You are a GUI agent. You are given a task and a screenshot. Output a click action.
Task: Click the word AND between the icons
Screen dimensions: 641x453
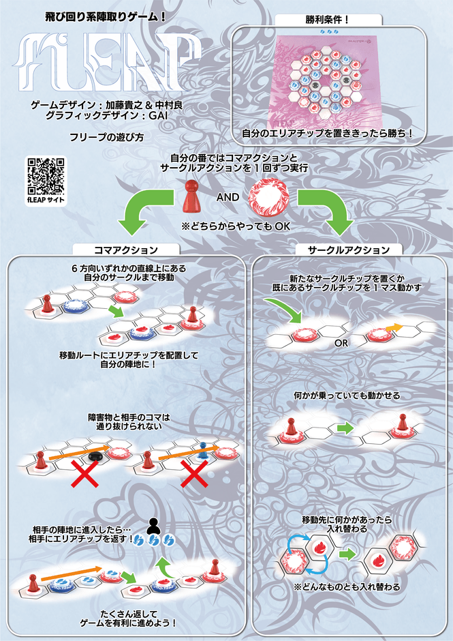tap(228, 197)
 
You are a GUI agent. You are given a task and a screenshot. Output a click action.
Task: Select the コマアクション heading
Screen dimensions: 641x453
tap(126, 250)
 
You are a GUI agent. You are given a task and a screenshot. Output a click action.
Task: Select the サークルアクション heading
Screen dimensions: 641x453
tap(350, 250)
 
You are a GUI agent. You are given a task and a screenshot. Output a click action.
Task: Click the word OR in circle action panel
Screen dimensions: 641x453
tap(341, 343)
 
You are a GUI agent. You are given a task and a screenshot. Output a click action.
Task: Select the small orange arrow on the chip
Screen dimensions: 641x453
tap(394, 328)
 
